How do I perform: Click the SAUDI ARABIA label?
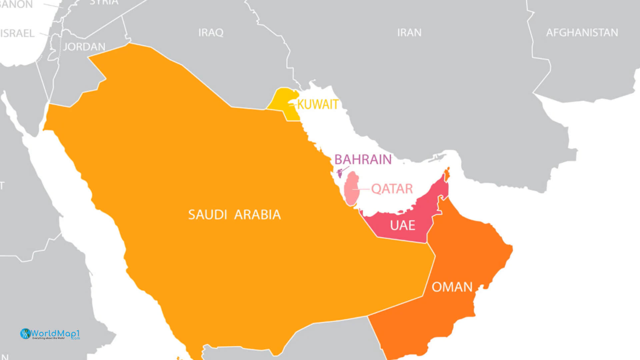click(234, 215)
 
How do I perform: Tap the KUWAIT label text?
click(318, 105)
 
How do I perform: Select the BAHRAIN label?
click(363, 160)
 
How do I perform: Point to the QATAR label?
click(392, 189)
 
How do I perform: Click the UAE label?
click(402, 226)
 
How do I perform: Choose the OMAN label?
click(452, 287)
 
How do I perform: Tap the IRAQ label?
click(211, 33)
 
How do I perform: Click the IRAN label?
click(409, 33)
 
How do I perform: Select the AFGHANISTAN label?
click(582, 33)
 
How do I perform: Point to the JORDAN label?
click(84, 47)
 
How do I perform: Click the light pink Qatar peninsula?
click(351, 188)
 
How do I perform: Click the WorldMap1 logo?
click(50, 334)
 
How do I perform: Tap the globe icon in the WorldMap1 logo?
click(25, 334)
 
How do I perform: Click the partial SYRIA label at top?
click(104, 2)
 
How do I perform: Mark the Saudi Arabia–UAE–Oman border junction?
click(427, 243)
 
